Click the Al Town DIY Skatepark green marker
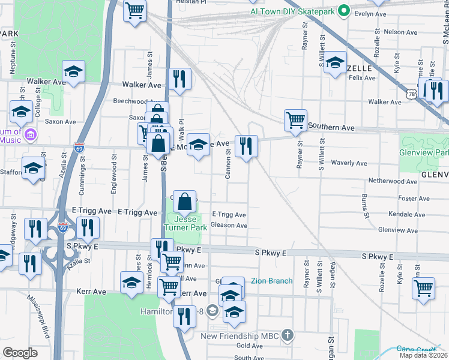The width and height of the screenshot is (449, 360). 344,10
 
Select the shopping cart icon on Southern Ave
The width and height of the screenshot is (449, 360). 295,120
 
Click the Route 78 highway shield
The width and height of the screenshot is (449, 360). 411,95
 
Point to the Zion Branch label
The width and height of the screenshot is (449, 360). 271,281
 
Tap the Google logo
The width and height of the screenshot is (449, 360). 20,353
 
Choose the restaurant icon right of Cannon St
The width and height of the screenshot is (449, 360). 246,146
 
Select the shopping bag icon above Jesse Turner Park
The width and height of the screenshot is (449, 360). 186,202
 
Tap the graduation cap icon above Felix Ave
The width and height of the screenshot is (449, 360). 335,64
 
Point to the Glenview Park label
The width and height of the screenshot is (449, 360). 424,153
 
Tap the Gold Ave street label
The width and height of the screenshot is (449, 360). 250,346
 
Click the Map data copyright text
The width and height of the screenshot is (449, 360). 424,356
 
